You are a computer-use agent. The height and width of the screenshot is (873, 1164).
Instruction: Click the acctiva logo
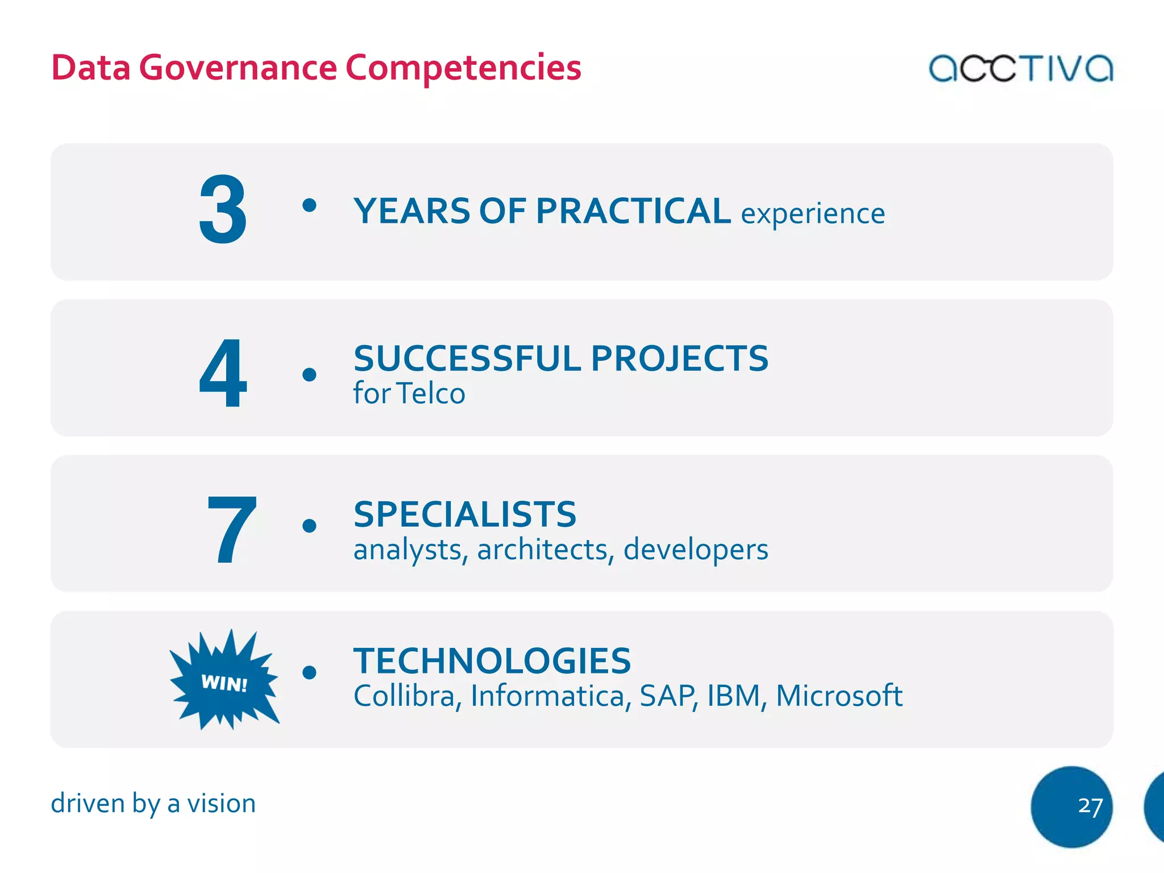1020,68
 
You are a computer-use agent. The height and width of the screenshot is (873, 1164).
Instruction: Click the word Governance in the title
238,68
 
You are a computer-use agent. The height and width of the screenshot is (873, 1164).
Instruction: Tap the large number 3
223,210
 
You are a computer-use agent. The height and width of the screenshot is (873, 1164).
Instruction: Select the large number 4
223,373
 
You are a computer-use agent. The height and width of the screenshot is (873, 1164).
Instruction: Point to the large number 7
231,530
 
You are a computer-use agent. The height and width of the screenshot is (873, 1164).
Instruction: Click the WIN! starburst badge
225,681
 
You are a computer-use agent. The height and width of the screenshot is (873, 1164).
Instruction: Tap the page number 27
1090,806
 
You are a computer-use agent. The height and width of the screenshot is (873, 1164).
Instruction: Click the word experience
813,214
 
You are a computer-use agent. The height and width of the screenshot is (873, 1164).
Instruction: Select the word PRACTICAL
633,211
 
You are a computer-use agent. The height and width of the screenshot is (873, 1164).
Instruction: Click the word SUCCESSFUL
467,359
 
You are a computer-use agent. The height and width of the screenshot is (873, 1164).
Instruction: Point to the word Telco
431,393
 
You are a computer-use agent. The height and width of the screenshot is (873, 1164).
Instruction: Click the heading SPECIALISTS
465,514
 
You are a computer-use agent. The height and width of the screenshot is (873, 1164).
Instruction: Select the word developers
696,550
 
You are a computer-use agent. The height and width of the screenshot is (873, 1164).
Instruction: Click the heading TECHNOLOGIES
492,660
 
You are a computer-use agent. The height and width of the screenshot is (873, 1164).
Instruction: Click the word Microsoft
839,696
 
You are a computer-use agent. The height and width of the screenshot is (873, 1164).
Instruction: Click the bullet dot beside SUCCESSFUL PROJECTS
309,375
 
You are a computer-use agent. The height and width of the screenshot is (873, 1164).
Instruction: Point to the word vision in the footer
222,803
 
